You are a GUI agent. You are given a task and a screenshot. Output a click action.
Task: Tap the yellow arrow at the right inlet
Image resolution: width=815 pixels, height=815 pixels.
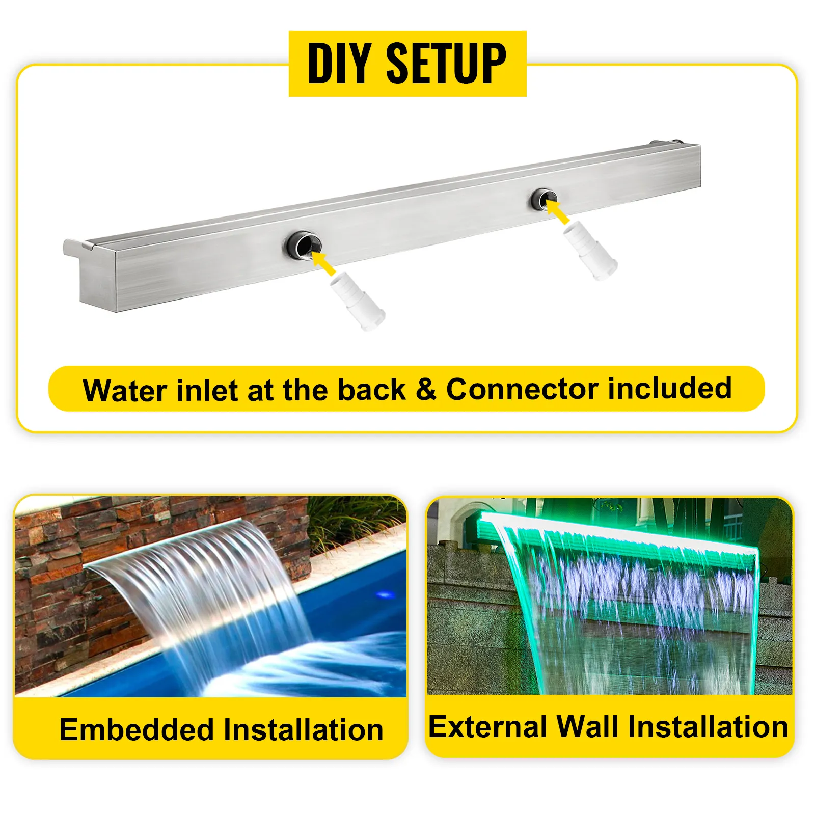pyautogui.click(x=557, y=212)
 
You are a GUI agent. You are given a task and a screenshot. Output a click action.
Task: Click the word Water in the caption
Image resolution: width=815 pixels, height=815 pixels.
pyautogui.click(x=125, y=391)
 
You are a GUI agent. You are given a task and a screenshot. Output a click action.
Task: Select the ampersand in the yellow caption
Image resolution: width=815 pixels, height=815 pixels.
pyautogui.click(x=426, y=390)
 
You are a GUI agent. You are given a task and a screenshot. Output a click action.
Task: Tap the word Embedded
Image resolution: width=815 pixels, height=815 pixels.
pyautogui.click(x=137, y=729)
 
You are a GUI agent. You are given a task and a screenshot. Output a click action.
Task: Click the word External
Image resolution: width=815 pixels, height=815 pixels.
pyautogui.click(x=487, y=726)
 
